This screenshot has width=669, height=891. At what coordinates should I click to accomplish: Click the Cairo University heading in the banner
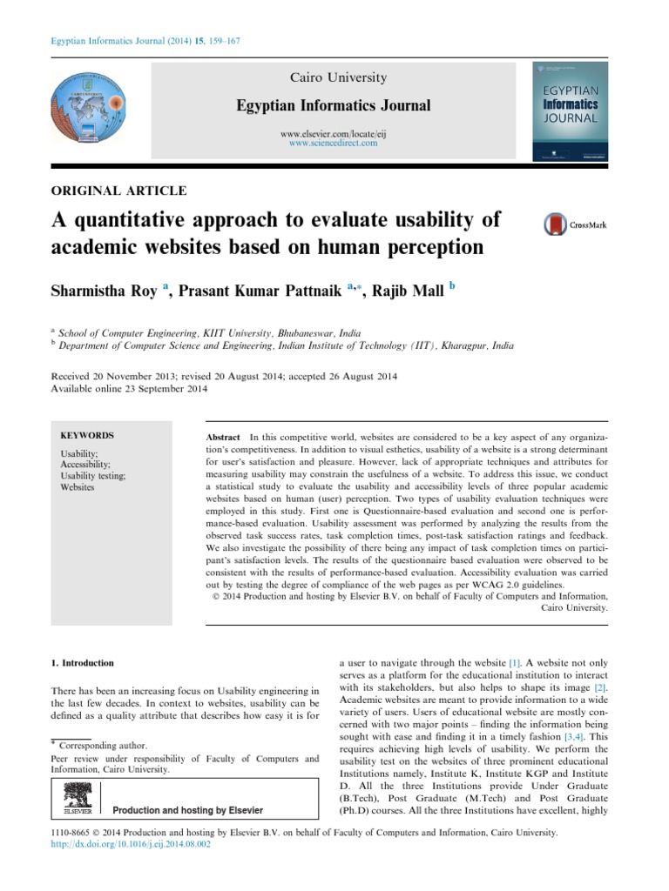click(334, 77)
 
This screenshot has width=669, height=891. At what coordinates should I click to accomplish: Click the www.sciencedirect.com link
click(334, 143)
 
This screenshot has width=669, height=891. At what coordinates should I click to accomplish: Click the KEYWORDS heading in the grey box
click(87, 435)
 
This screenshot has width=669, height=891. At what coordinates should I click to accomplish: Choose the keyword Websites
click(78, 487)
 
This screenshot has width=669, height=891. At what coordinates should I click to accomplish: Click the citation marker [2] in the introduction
click(600, 688)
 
